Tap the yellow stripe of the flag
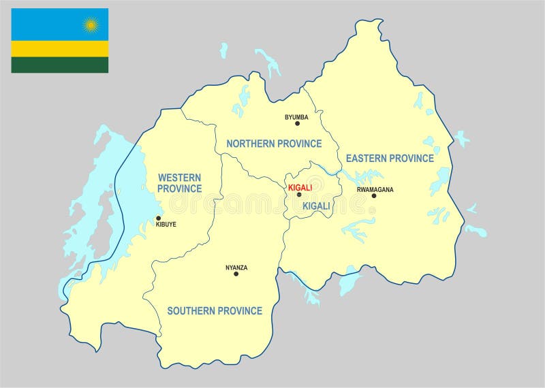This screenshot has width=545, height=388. [x=59, y=48]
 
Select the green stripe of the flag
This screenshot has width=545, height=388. [x=59, y=65]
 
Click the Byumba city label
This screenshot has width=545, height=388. [x=296, y=117]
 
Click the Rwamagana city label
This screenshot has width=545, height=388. [x=375, y=190]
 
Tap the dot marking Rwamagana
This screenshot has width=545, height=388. [x=373, y=196]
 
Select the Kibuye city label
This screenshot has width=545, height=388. [x=166, y=224]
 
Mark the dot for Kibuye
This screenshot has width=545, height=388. [x=159, y=219]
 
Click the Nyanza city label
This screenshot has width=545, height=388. [x=236, y=268]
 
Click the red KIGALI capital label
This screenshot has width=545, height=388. [x=300, y=187]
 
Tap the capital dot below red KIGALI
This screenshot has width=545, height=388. [x=298, y=195]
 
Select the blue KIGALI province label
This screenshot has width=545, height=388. [x=316, y=206]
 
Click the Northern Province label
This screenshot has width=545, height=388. [x=274, y=144]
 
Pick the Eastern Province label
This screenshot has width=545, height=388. [x=390, y=159]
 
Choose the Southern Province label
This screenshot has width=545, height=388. [x=215, y=311]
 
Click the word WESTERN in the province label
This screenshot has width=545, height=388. [x=179, y=178]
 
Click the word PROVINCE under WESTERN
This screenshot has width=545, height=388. [x=179, y=189]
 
